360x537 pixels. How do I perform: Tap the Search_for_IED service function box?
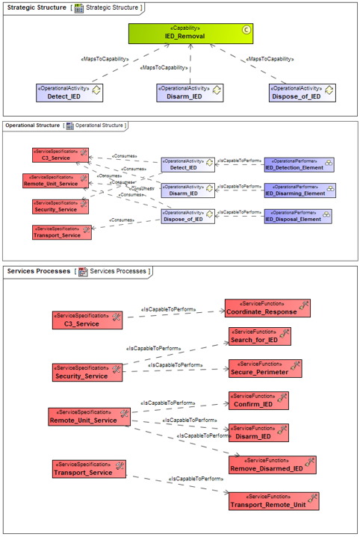pyautogui.click(x=259, y=336)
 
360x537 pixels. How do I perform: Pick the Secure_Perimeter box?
pyautogui.click(x=264, y=368)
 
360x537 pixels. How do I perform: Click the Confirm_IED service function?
pyautogui.click(x=258, y=400)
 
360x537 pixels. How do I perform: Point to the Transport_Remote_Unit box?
pyautogui.click(x=273, y=501)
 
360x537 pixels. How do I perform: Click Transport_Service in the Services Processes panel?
pyautogui.click(x=88, y=469)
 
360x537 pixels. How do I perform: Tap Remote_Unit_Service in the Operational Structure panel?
pyautogui.click(x=56, y=180)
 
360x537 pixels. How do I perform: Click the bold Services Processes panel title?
pyautogui.click(x=38, y=271)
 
